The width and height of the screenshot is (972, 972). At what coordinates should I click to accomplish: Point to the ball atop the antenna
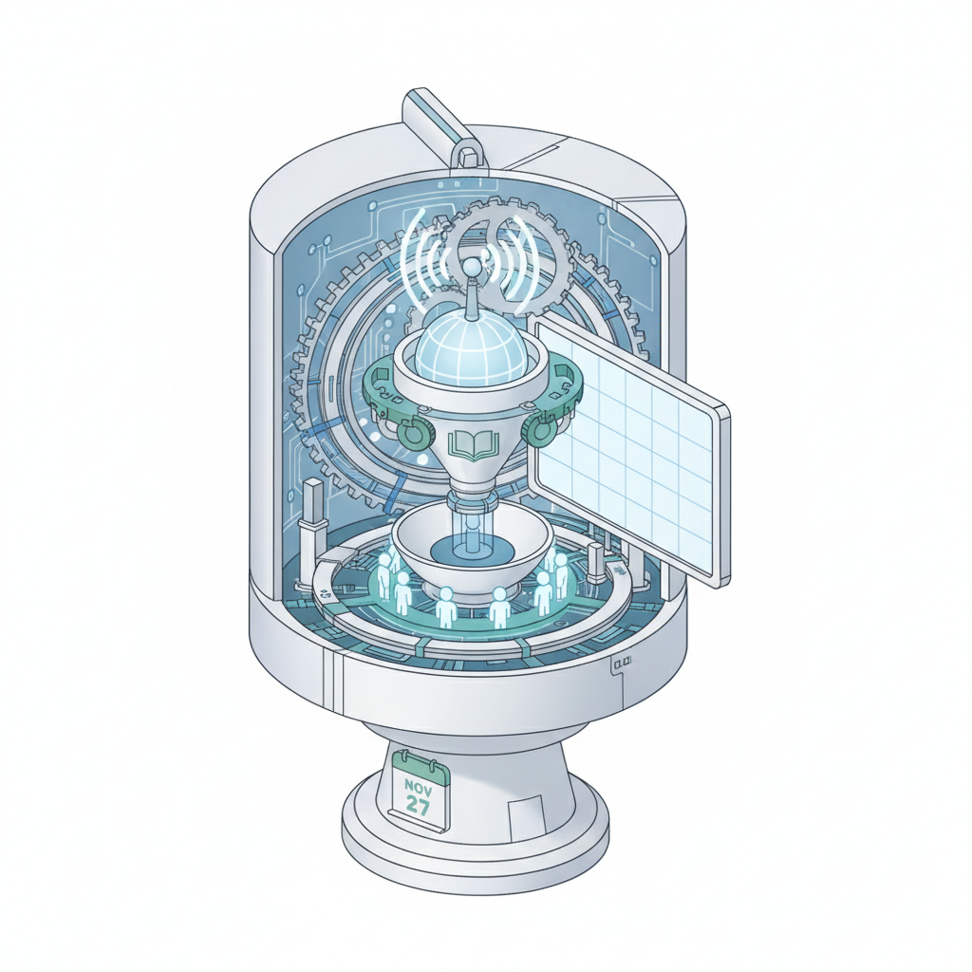tap(473, 268)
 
